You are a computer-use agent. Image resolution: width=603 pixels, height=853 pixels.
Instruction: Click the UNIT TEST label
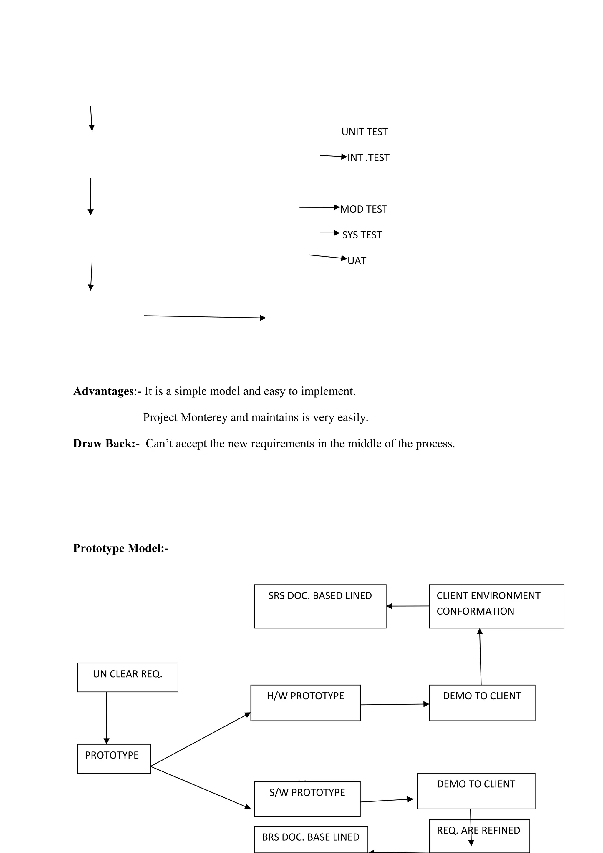[364, 132]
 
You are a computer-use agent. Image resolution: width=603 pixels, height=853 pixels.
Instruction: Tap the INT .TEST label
[368, 157]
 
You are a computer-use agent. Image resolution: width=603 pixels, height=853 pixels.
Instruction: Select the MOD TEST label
[363, 209]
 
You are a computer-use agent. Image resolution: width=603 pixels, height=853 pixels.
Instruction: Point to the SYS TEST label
[362, 235]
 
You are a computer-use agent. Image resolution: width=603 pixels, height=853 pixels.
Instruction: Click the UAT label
[357, 261]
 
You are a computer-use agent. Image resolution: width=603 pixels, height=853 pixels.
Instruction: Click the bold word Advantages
[103, 391]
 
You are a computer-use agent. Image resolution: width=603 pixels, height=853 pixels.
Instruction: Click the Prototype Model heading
[121, 548]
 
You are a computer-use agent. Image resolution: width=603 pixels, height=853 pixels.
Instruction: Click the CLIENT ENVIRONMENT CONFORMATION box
[496, 606]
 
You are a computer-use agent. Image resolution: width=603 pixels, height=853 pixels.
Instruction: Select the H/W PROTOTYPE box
[305, 703]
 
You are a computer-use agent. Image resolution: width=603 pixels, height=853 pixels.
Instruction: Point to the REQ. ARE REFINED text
[478, 830]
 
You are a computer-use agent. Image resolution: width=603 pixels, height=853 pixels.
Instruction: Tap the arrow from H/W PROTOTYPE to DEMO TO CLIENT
[395, 704]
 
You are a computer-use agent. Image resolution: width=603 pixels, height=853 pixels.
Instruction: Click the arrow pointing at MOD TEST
[319, 207]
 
